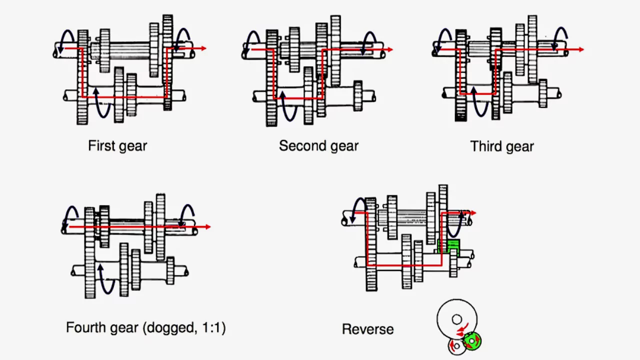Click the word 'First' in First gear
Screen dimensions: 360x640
click(100, 146)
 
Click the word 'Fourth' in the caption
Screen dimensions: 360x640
click(85, 328)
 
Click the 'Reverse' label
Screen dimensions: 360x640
click(367, 329)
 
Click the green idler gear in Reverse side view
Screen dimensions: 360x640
click(449, 247)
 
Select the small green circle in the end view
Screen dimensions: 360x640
click(471, 341)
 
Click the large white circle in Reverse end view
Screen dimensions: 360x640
click(456, 319)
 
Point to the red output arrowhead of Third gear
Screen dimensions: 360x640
click(581, 49)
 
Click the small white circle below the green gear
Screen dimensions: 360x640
click(456, 346)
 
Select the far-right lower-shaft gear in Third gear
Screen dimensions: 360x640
click(543, 93)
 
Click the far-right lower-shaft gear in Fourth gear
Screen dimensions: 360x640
click(170, 270)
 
